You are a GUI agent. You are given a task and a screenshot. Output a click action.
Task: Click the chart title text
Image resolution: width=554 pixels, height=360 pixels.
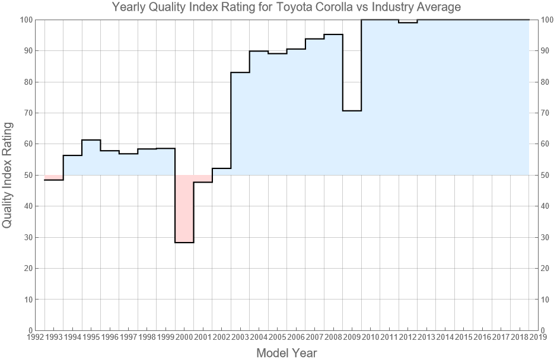click(x=286, y=8)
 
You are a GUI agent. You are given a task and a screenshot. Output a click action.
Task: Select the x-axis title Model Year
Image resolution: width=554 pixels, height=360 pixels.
click(x=286, y=353)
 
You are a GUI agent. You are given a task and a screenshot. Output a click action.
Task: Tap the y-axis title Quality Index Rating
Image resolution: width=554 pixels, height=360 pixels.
click(x=8, y=175)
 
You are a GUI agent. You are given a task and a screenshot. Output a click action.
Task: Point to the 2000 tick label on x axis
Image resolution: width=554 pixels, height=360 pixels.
click(x=184, y=337)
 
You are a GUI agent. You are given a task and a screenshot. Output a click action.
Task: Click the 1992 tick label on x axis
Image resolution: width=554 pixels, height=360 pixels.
click(x=35, y=337)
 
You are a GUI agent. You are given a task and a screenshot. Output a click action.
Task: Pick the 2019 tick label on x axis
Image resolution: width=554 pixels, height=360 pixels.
click(x=539, y=337)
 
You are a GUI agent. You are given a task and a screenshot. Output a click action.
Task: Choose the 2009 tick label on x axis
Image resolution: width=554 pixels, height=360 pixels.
click(x=352, y=337)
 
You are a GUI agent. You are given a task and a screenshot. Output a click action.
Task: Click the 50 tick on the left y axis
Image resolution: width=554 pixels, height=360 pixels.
click(x=26, y=175)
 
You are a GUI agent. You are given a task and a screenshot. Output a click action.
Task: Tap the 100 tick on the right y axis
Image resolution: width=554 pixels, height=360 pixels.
click(x=549, y=20)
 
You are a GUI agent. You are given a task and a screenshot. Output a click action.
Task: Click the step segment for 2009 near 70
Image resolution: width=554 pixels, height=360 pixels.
click(x=352, y=111)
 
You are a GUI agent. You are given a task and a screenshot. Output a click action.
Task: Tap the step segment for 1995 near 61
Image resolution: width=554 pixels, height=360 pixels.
click(x=91, y=140)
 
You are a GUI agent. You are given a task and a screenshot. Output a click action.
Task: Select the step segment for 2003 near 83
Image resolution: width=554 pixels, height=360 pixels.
click(x=240, y=72)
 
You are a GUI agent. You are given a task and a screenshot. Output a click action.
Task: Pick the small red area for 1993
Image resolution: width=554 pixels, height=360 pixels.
click(x=54, y=177)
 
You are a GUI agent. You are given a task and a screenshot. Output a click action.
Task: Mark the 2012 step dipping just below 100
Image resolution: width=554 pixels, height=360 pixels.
click(x=408, y=23)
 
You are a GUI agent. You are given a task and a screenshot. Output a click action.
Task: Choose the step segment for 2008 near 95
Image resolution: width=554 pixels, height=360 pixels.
click(x=333, y=34)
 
